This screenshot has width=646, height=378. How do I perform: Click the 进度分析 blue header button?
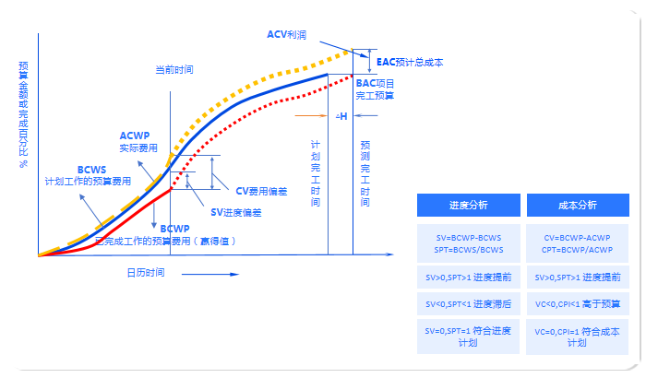(x=468, y=205)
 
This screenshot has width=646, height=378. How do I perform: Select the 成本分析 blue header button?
(x=578, y=205)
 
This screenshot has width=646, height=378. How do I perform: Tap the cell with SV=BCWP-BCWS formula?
(x=468, y=243)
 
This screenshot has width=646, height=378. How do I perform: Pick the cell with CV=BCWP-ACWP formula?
(x=578, y=243)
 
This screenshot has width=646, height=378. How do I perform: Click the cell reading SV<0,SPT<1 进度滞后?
(x=468, y=303)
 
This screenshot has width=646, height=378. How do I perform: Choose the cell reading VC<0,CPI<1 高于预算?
(x=578, y=303)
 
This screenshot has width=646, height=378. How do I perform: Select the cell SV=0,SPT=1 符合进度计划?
(x=468, y=336)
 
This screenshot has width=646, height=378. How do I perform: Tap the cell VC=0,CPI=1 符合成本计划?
(x=578, y=336)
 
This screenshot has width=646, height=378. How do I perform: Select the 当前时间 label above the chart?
(x=173, y=69)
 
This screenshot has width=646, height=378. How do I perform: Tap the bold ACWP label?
(x=135, y=136)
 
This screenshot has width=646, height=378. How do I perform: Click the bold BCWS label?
(x=92, y=170)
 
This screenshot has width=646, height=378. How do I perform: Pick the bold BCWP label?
(x=174, y=228)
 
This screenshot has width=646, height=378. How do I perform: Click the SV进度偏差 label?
(x=236, y=212)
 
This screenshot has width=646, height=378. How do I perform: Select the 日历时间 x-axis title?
(x=146, y=272)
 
